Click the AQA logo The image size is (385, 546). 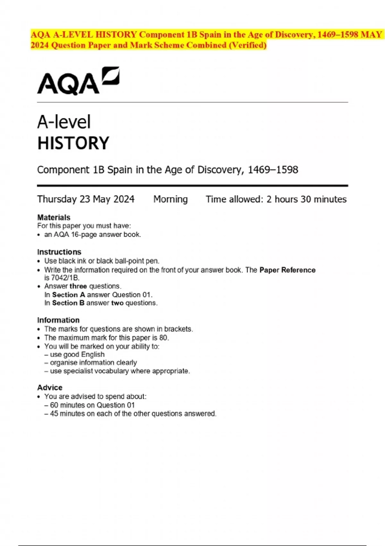coord(78,81)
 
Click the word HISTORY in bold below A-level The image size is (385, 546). coord(73,143)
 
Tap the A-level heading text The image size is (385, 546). coord(64,122)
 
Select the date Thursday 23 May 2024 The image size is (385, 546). coord(86,199)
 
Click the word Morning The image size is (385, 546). coord(170,199)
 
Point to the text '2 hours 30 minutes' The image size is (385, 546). coord(306,199)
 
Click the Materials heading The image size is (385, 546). coord(54,217)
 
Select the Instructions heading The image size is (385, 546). coord(59,252)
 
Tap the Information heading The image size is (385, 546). coord(58,320)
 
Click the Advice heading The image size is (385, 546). coord(50,387)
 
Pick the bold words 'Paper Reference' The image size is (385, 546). coord(287,270)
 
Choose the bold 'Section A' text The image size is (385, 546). coord(68,295)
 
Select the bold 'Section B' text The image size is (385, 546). coord(68,303)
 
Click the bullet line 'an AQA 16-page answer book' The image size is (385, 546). coord(92,234)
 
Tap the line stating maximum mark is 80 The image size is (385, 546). coord(107,338)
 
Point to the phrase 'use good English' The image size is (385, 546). coord(77,354)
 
